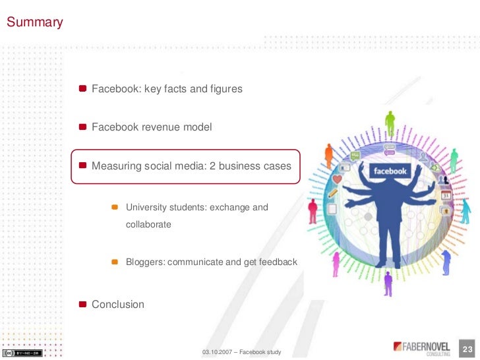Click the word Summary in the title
click(x=34, y=22)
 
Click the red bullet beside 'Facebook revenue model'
click(x=82, y=127)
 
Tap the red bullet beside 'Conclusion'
click(x=82, y=304)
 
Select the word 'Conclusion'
click(x=117, y=304)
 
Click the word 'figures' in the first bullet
click(x=225, y=88)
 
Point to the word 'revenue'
click(x=161, y=127)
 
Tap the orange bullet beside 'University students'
click(x=113, y=207)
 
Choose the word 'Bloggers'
click(x=145, y=262)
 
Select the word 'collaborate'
click(x=148, y=224)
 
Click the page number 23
click(x=469, y=349)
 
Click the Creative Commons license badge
click(x=22, y=353)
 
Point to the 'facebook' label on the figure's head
click(x=390, y=171)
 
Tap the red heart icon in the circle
click(x=338, y=179)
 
